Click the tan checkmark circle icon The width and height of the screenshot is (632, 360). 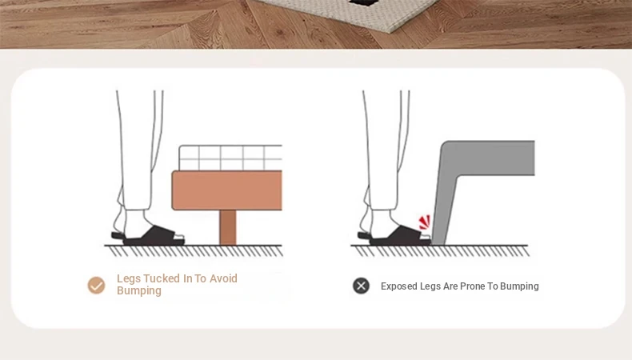point(96,286)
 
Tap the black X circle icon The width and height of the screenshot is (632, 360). point(361,286)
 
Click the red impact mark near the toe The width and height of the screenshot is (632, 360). point(425,222)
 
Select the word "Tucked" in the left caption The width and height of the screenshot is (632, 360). point(162,278)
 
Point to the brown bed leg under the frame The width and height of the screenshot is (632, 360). point(228,227)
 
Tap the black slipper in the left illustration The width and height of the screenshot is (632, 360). point(148,236)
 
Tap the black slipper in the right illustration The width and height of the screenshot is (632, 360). point(395,236)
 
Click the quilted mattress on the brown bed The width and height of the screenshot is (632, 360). point(230,158)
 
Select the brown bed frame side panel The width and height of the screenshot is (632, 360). point(227,190)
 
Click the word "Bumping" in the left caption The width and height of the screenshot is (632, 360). point(139,291)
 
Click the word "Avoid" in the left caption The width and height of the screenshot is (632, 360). point(223,278)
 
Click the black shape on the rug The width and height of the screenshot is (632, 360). point(365,3)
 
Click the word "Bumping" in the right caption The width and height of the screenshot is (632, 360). point(519,286)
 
